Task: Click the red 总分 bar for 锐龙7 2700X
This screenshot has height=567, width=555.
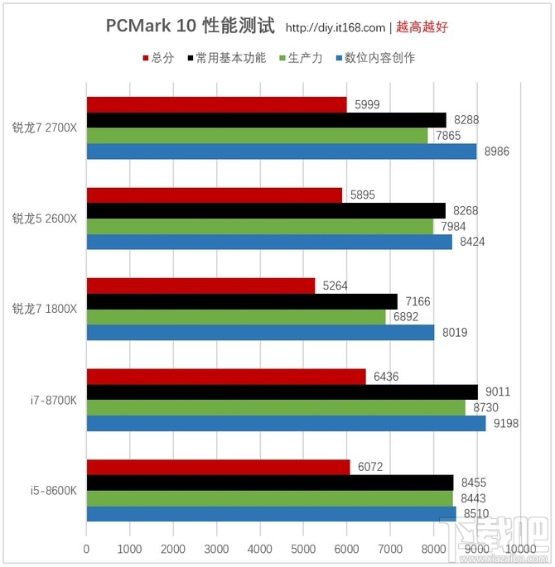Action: tap(216, 104)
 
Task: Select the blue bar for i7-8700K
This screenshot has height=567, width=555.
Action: tap(286, 423)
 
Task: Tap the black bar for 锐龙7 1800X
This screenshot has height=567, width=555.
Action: tap(242, 301)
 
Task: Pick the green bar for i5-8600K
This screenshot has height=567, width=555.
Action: tap(270, 497)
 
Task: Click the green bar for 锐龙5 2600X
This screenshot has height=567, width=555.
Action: tap(259, 227)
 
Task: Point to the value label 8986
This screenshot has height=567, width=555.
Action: tap(494, 151)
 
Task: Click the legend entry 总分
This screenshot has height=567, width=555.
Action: tap(158, 58)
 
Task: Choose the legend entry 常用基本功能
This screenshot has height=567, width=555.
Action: tap(227, 58)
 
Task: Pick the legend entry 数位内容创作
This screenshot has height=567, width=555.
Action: tap(374, 58)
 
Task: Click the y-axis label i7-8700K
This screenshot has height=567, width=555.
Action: tap(55, 399)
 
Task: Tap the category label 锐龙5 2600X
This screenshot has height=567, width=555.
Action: tap(45, 219)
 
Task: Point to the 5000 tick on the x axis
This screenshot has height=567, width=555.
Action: tap(303, 549)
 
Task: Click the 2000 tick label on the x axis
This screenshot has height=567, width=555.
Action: tap(173, 549)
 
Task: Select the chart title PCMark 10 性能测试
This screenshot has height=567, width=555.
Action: tap(190, 26)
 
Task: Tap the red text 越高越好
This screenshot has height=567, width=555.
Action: tap(422, 27)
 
